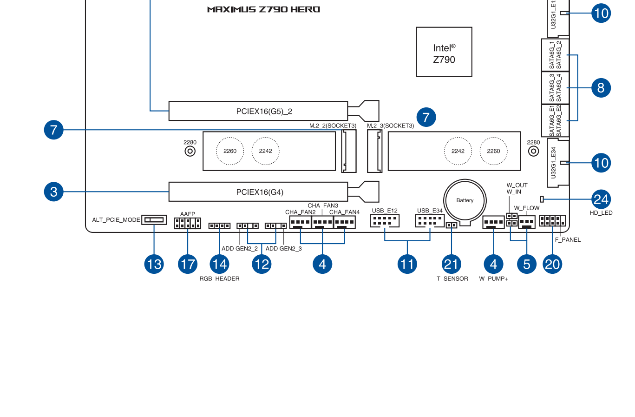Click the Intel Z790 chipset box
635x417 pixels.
(444, 52)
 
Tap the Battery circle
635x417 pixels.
(465, 200)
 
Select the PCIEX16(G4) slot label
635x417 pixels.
(260, 192)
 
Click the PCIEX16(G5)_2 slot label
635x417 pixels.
(264, 112)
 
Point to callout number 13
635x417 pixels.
(154, 264)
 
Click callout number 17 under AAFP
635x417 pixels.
(188, 264)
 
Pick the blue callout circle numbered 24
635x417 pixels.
(601, 199)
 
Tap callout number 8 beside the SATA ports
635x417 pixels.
(601, 88)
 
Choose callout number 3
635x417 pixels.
(53, 192)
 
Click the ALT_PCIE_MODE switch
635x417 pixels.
(154, 220)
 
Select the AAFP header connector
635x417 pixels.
(188, 223)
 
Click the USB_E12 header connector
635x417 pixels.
(385, 221)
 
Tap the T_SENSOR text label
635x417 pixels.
(452, 279)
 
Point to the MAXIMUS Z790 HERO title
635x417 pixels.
(264, 10)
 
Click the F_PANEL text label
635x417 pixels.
(568, 240)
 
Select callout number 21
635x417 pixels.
(452, 264)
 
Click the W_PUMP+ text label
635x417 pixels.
(493, 279)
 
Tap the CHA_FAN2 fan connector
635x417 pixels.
(300, 222)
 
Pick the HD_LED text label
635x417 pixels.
(601, 213)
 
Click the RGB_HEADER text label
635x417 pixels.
(219, 279)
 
